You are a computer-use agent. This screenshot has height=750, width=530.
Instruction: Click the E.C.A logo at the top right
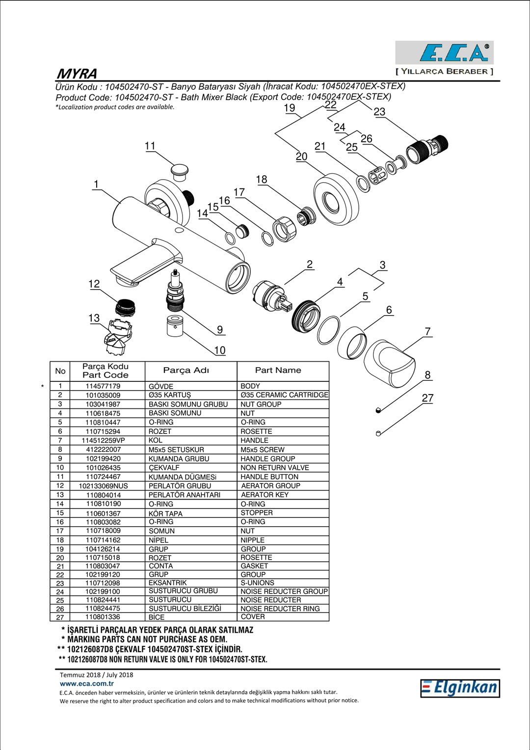coord(445,53)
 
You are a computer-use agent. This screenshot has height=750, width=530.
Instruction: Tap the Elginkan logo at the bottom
coord(459,688)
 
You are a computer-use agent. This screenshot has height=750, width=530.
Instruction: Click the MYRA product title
coord(77,74)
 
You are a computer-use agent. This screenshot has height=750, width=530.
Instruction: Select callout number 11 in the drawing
coord(150,146)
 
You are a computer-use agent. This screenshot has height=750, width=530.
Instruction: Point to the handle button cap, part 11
coord(180,172)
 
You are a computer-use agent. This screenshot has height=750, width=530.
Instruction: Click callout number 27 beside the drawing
coord(427,398)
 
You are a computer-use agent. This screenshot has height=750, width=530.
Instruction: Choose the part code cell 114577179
coord(103,386)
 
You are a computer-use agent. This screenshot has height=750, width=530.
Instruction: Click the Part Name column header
coord(278,371)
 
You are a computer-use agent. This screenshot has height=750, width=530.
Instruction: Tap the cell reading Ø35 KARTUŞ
coord(170,395)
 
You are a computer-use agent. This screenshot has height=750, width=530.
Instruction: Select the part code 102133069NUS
coord(103,486)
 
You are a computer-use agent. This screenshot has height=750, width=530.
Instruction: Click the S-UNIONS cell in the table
coord(257,583)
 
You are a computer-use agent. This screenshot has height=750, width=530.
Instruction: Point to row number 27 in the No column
coord(60,617)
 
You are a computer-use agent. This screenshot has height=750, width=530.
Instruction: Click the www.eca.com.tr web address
coord(87,683)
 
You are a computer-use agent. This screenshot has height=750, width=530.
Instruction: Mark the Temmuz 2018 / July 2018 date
coord(97,675)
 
